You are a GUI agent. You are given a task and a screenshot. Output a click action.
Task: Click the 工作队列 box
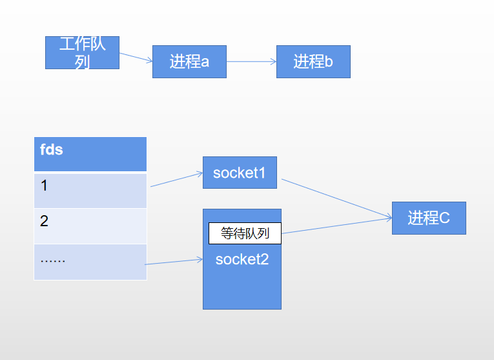coord(82,52)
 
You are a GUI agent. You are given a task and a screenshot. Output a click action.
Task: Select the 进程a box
coord(189,61)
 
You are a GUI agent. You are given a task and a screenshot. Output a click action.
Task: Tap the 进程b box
coord(313,61)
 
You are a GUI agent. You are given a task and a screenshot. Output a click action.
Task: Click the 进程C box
coord(429,218)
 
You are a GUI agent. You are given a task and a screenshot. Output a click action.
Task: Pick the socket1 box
coord(240,173)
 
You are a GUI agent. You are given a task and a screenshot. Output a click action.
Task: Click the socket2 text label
coord(242,260)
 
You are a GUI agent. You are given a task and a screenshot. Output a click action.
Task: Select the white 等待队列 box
coord(245,233)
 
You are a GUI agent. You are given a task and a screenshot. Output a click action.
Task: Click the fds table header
coord(90,154)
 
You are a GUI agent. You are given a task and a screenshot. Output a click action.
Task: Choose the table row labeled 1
coord(90,191)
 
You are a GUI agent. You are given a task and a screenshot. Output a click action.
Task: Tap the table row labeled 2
coord(90,226)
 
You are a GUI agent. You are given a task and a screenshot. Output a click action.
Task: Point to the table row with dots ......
coord(90,262)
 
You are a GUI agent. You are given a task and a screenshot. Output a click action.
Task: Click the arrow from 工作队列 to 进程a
coord(136,58)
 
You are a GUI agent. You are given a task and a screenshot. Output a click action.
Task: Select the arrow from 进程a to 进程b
coord(251,62)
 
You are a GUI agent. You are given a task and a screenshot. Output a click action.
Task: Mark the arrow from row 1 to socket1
coord(176,180)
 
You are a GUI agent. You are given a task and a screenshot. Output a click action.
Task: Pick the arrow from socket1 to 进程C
coord(336,198)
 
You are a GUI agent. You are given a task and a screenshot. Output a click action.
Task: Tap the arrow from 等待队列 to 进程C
coord(336,226)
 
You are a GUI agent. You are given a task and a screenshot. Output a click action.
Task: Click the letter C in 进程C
coord(444,218)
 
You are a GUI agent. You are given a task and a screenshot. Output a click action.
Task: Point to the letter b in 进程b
coord(329,62)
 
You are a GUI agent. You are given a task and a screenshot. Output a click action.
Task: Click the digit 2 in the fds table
coord(44,221)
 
